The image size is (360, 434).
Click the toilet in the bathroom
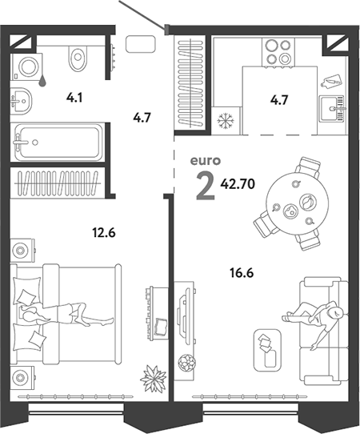[78, 58]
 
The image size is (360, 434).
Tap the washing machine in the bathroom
[27, 66]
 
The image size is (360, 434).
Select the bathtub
[58, 142]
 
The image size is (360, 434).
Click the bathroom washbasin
[22, 100]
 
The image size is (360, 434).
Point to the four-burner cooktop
[278, 52]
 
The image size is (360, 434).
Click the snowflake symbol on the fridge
[226, 121]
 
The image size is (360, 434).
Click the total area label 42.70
[238, 183]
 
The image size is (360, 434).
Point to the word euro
[206, 161]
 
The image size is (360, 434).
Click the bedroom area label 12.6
[104, 233]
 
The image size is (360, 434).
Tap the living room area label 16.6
[242, 273]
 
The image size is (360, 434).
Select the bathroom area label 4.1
[74, 98]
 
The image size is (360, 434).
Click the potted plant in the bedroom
[153, 379]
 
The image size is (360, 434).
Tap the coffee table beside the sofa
[267, 350]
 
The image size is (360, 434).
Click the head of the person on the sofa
[337, 312]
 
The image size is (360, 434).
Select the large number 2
[206, 186]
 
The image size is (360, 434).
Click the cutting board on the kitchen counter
[330, 82]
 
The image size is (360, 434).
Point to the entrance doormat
[141, 44]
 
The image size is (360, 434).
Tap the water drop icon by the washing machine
[42, 80]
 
